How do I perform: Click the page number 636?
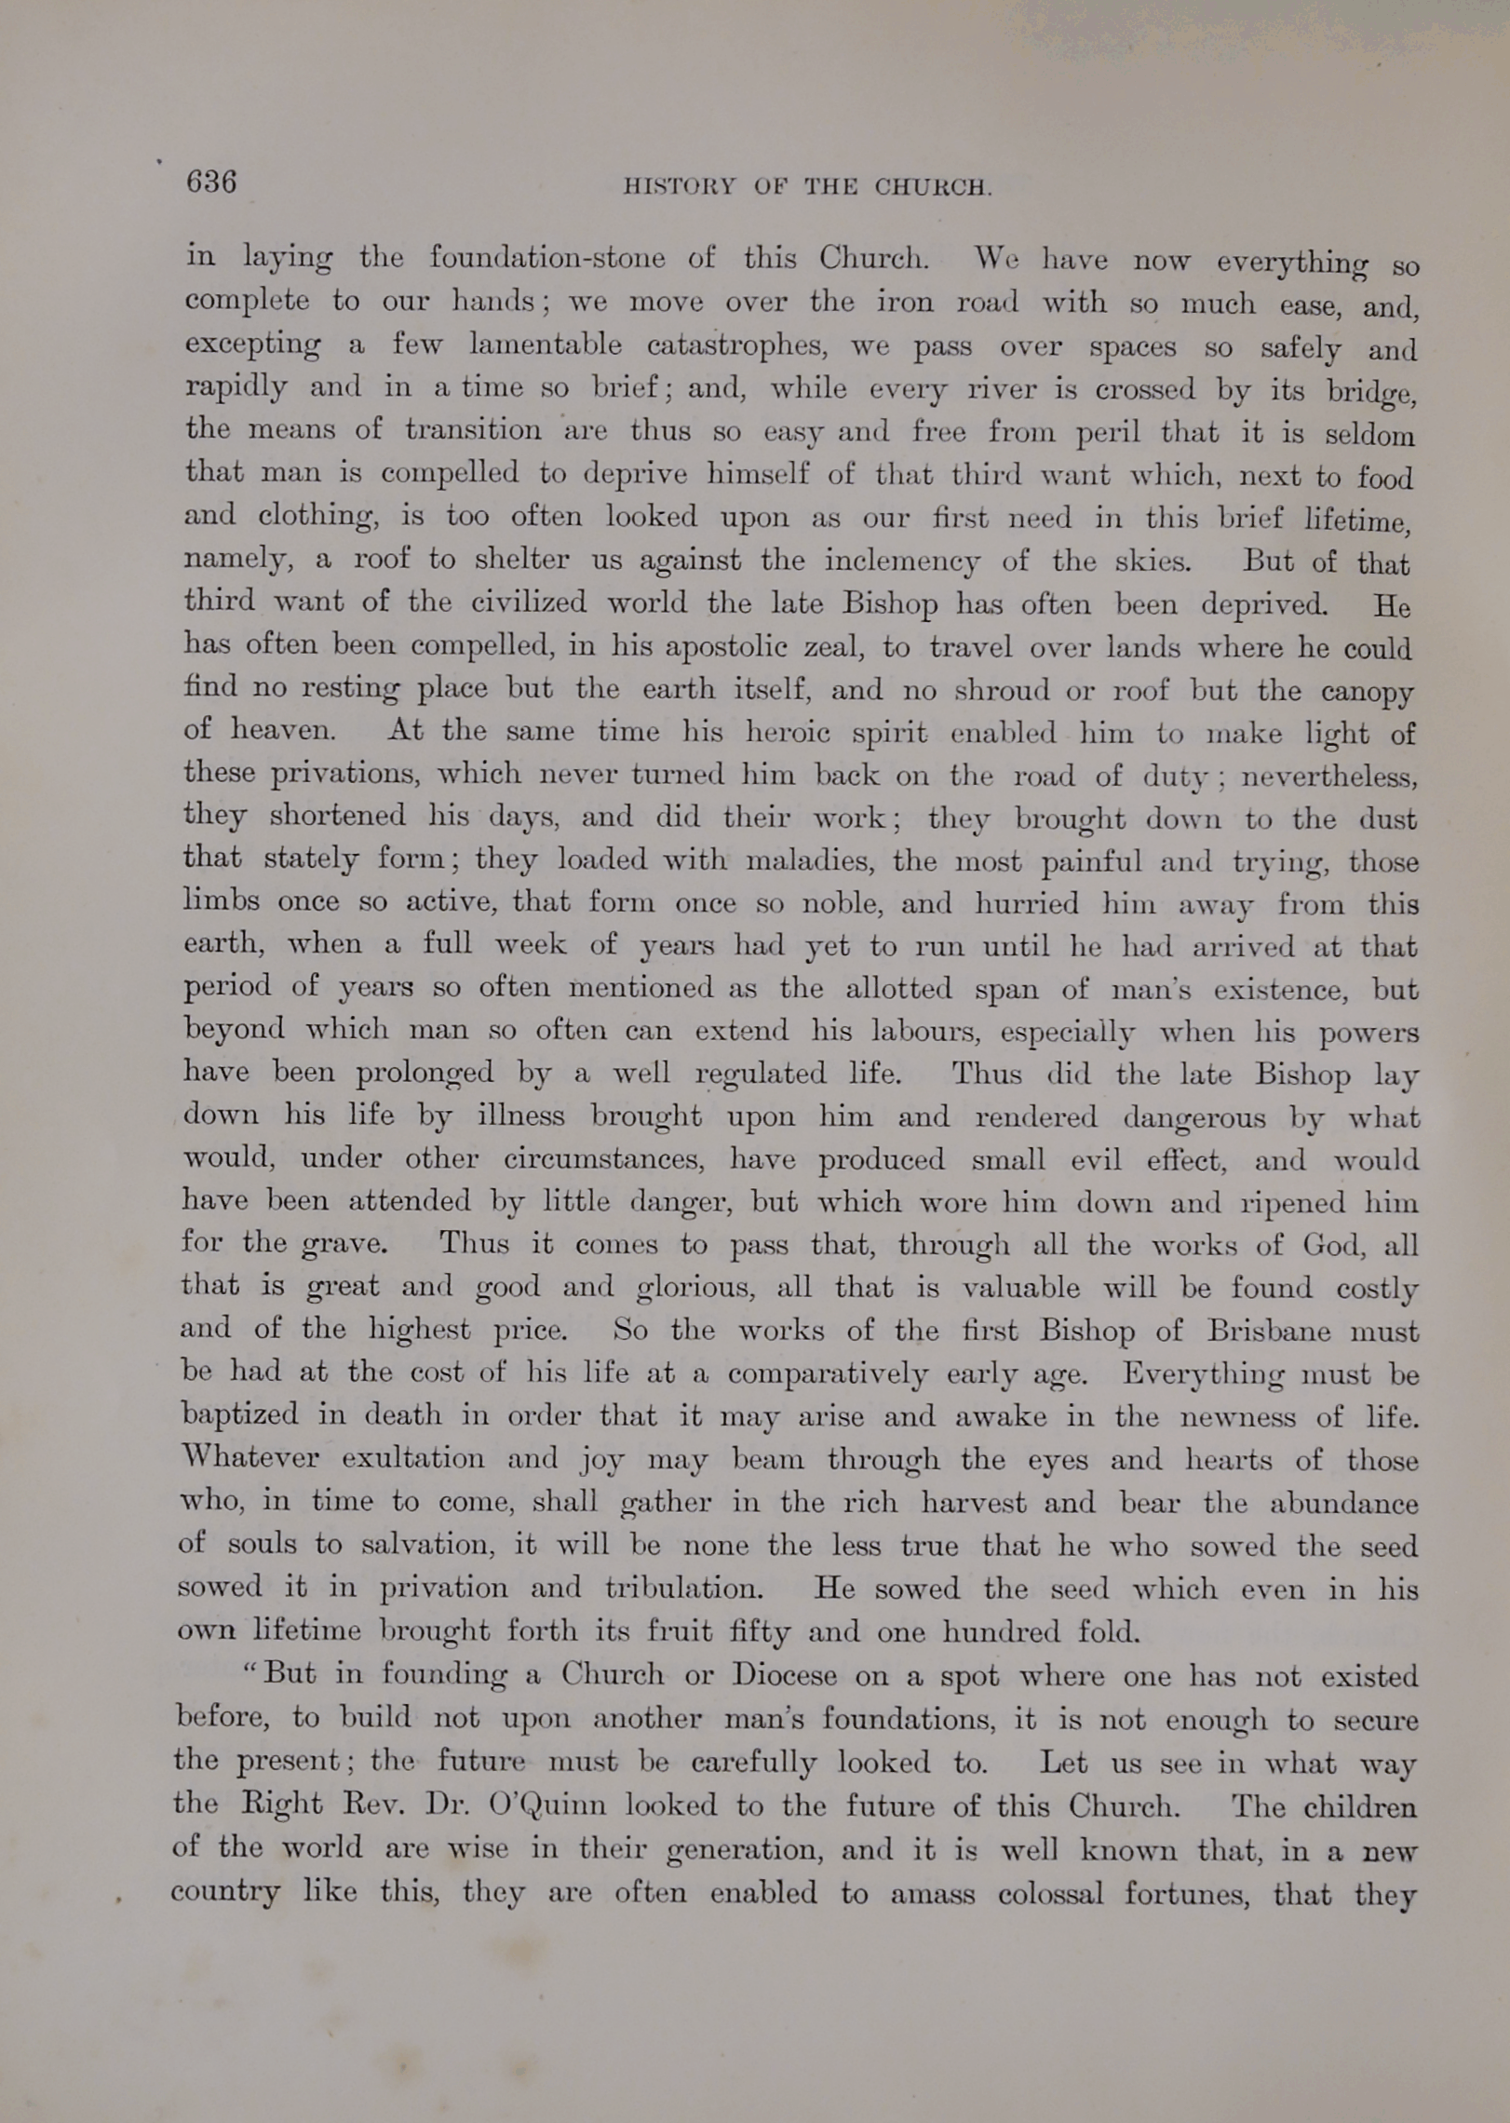click(211, 181)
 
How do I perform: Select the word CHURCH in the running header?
click(933, 187)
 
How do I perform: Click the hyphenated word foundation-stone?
click(546, 257)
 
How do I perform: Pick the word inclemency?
click(901, 561)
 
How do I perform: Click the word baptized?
click(240, 1415)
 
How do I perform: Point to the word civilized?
click(528, 602)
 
